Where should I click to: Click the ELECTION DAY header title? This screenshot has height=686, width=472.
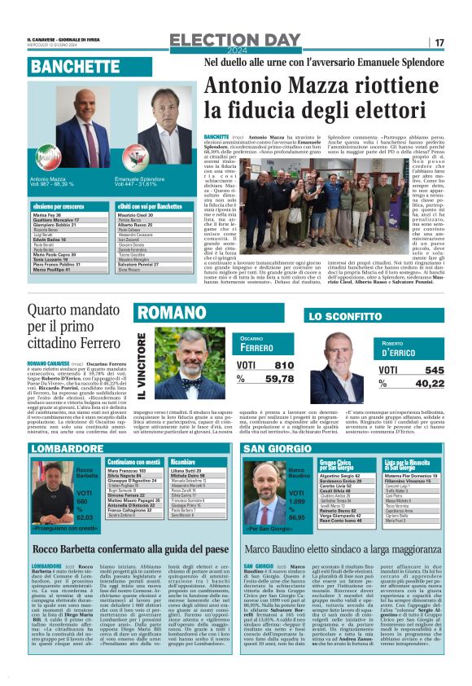[x=236, y=40]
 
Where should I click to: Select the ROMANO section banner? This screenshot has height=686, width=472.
[x=171, y=312]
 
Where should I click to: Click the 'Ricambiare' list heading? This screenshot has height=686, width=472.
[x=184, y=462]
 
